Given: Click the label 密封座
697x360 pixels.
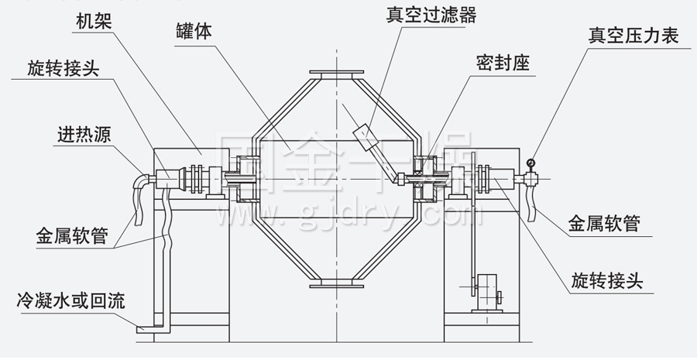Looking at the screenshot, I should (503, 63).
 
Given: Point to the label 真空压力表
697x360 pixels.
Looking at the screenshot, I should (633, 35).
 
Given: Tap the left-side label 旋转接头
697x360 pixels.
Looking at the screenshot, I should (63, 69).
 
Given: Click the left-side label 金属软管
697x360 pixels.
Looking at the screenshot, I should (72, 233).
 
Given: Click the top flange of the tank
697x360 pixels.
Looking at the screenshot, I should (337, 74).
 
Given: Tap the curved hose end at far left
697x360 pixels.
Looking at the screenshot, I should (139, 197).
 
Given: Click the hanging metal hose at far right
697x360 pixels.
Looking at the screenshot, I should (531, 201).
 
